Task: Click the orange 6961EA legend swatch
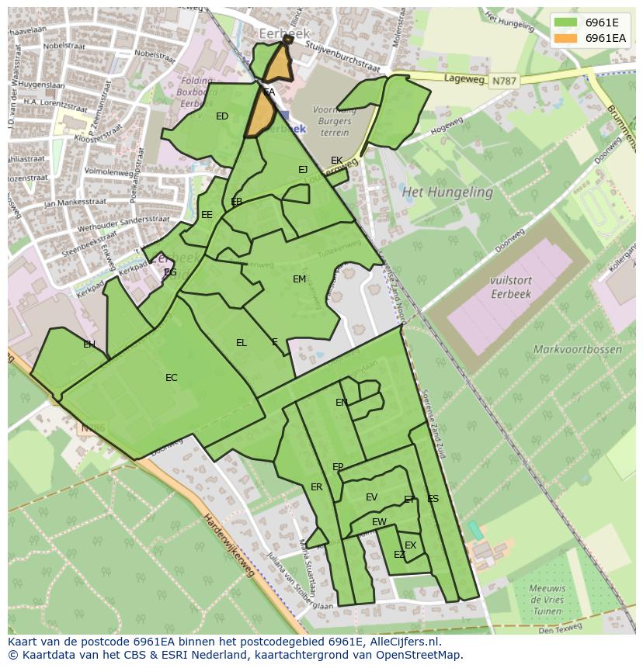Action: (567, 38)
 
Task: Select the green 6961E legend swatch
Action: (567, 22)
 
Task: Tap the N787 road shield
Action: (502, 80)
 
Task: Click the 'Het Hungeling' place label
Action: (447, 192)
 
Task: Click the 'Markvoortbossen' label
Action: (577, 349)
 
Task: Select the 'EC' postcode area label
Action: (172, 378)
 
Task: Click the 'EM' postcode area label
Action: (299, 279)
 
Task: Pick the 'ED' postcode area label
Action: (222, 116)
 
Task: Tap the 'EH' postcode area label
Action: (89, 344)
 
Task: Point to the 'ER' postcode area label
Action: (316, 487)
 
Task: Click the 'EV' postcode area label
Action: (371, 497)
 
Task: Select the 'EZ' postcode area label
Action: (399, 555)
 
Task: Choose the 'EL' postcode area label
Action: (242, 343)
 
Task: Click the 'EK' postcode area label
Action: (336, 161)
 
